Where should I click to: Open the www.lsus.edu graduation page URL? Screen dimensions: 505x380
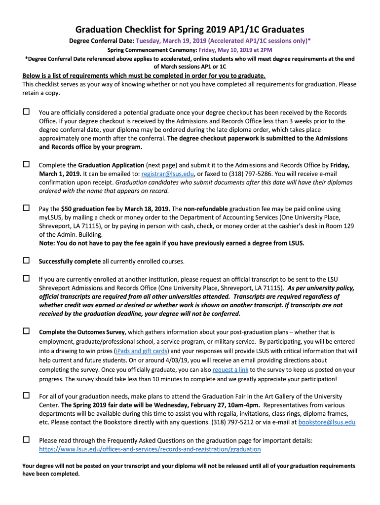150,449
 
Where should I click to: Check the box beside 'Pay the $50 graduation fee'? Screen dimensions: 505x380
26,208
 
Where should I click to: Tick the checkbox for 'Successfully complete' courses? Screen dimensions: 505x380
26,260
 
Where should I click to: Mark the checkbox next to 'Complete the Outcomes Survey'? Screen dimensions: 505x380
26,331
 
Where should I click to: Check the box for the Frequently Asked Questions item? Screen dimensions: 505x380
26,439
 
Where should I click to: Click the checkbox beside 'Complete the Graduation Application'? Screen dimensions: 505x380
26,164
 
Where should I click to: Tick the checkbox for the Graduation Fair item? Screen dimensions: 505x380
26,396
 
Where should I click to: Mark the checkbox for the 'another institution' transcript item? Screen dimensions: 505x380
26,278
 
